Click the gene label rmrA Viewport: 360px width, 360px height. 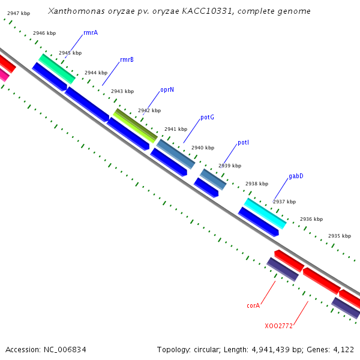pyautogui.click(x=91, y=32)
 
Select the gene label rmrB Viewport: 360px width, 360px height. pyautogui.click(x=127, y=59)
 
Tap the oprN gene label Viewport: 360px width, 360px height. pyautogui.click(x=167, y=89)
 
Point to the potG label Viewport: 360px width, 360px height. pyautogui.click(x=207, y=117)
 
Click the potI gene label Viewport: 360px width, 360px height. pyautogui.click(x=243, y=143)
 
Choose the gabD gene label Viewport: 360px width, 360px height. pyautogui.click(x=296, y=176)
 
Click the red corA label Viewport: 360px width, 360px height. pyautogui.click(x=253, y=305)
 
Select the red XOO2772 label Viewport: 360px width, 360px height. pyautogui.click(x=279, y=326)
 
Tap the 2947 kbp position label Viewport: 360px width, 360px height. pyautogui.click(x=19, y=13)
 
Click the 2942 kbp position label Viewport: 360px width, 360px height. pyautogui.click(x=149, y=110)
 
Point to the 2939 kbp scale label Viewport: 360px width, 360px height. pyautogui.click(x=230, y=166)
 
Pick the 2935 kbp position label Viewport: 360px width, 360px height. pyautogui.click(x=340, y=236)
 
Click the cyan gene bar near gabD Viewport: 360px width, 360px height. pyautogui.click(x=265, y=213)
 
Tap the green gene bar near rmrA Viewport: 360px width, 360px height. pyautogui.click(x=57, y=68)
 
